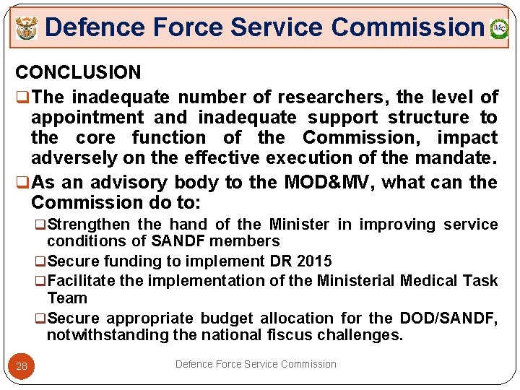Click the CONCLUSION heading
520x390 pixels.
(78, 72)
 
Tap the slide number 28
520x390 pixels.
(22, 366)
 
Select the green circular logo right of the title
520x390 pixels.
(498, 29)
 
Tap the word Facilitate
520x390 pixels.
(81, 280)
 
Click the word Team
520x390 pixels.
(66, 298)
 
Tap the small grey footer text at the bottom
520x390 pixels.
(256, 364)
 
